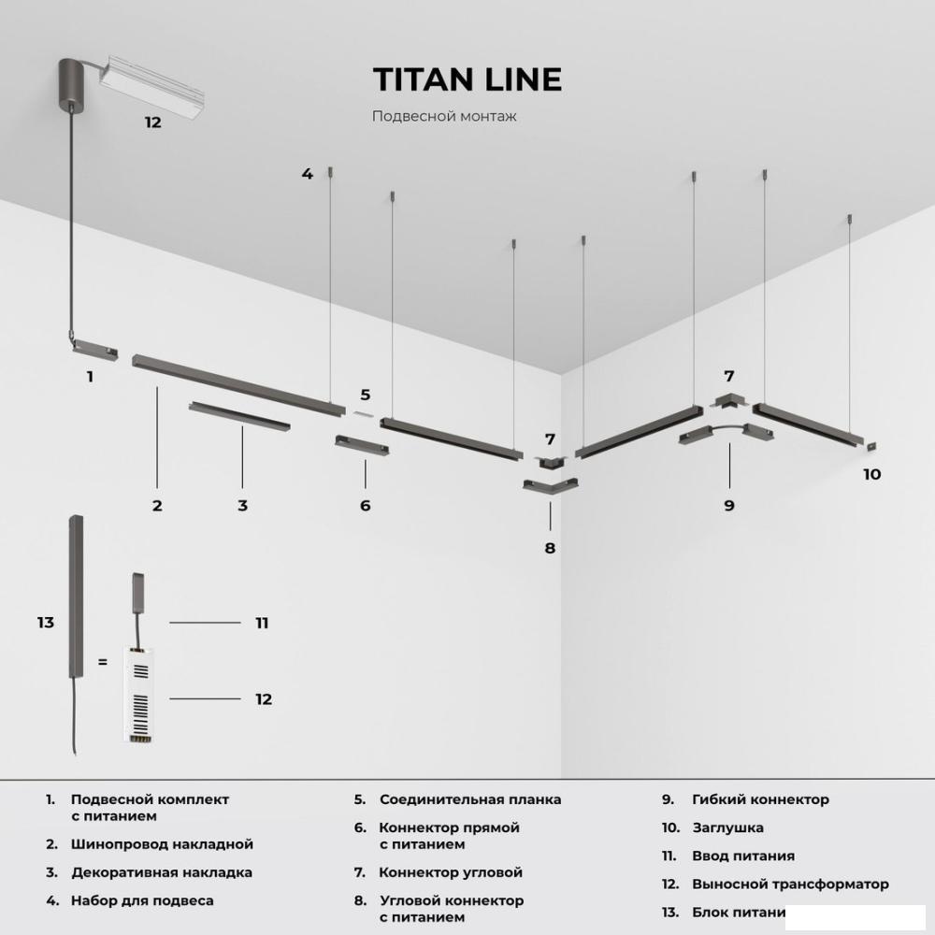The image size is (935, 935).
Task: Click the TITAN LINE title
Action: [467, 79]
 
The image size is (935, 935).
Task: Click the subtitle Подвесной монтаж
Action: [444, 116]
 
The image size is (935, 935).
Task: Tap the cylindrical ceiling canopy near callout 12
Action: [72, 83]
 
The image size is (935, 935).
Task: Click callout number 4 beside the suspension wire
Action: [307, 174]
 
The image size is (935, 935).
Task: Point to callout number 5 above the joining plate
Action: [365, 395]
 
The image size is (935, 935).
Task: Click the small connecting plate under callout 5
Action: [363, 414]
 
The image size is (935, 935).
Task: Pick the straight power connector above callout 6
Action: [362, 445]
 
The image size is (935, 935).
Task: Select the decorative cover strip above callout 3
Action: [239, 416]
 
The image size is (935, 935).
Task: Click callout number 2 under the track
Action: [157, 506]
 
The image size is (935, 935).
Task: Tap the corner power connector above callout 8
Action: [550, 484]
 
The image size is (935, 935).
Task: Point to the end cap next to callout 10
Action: [871, 447]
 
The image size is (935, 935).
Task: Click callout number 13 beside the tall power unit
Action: [45, 623]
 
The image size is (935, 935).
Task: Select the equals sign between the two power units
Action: [103, 662]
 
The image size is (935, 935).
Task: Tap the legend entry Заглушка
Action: [727, 827]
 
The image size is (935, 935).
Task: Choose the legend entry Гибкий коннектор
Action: [760, 799]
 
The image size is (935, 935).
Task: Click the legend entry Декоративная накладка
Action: [162, 873]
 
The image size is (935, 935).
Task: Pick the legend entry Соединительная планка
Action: [470, 799]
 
